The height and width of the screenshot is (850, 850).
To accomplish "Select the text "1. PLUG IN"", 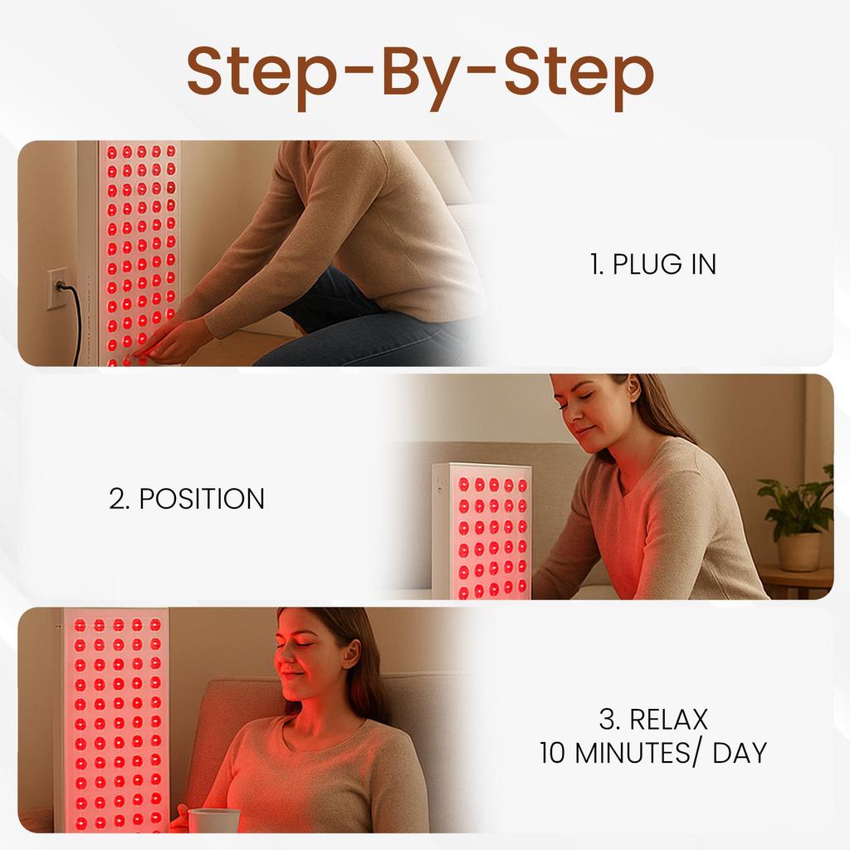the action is tap(652, 264).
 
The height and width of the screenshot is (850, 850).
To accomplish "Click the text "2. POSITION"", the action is tap(187, 499).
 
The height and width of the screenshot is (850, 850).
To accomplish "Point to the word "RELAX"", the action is tap(669, 720).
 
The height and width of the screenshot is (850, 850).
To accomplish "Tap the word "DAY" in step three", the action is tap(740, 753).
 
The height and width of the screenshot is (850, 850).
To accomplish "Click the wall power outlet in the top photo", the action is tap(57, 288).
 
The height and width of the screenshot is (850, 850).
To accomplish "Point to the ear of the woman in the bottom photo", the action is tap(352, 654).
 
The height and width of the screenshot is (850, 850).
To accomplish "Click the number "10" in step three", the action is tap(552, 753).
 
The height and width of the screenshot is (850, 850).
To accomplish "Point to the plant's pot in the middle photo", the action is tap(799, 552).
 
